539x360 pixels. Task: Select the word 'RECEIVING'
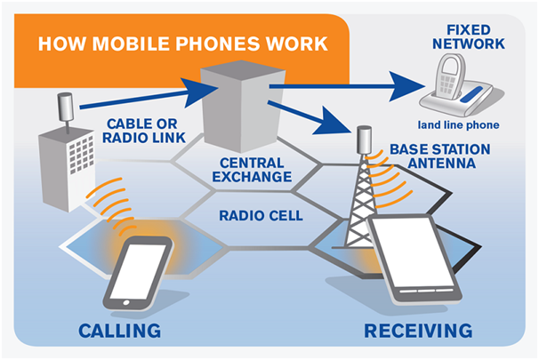tap(417, 332)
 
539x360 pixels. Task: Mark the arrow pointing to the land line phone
tap(356, 87)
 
